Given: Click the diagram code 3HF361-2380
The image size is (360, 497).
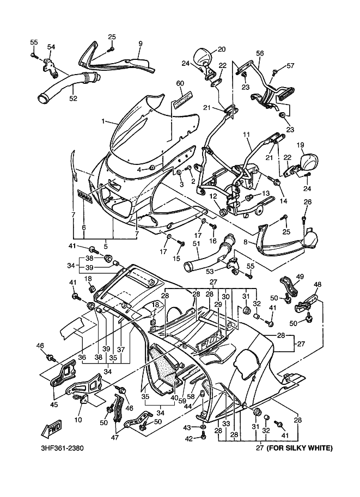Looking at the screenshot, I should [62, 449].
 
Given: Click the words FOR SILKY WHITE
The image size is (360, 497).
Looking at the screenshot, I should [299, 449].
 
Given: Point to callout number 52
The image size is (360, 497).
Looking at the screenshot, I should [72, 98].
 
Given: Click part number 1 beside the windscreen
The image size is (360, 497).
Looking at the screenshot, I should [103, 122].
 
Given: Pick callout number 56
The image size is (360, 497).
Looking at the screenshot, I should [260, 53].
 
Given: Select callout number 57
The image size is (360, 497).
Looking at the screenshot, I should [290, 66].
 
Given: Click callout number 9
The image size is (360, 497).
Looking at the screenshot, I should [140, 43].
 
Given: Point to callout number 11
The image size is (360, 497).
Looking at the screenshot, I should [246, 134].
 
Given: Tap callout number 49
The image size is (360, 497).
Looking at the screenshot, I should [300, 277].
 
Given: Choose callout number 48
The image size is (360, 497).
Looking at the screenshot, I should [318, 284].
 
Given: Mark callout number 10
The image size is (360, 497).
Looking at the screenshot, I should [78, 419].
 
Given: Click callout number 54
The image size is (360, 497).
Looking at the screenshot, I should [51, 47].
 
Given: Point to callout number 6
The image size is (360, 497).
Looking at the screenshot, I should [83, 227].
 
